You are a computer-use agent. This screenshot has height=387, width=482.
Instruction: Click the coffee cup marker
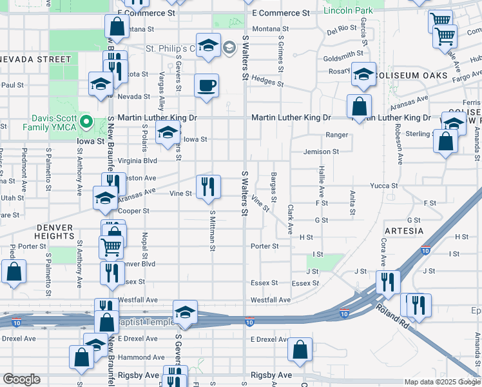point(206,86)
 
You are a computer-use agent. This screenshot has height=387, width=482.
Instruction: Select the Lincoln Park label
point(349,11)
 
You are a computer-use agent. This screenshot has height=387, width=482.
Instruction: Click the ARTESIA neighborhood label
point(403,231)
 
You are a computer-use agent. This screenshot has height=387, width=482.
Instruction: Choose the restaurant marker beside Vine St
point(208,187)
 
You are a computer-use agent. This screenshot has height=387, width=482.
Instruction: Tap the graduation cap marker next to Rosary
point(363,75)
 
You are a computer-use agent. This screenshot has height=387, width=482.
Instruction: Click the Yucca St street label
point(384,186)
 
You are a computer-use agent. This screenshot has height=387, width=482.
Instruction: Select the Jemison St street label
point(322,152)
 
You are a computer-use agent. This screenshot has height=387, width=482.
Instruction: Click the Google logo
point(21,379)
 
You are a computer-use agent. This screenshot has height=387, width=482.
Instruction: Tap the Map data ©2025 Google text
point(441,382)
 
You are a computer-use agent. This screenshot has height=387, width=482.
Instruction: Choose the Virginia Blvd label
point(137,161)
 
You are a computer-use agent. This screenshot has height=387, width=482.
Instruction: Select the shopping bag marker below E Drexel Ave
point(300,349)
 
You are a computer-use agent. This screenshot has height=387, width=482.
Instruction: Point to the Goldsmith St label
point(343,57)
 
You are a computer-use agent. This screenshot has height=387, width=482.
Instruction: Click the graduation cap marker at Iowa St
point(168,132)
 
